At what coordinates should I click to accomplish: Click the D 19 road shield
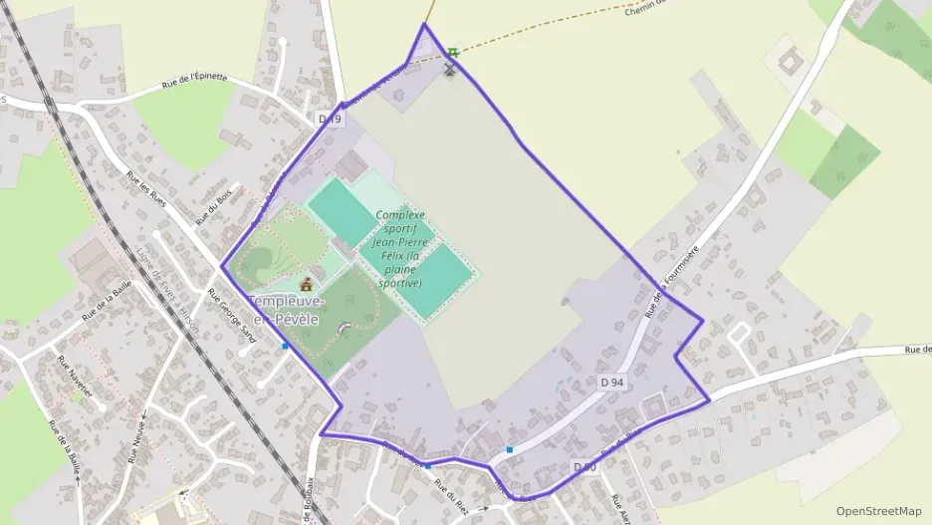tap(330, 119)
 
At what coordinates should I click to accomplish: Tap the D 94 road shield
tap(612, 382)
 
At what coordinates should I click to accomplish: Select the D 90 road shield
tap(584, 466)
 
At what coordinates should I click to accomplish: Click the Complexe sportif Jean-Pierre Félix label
tap(399, 248)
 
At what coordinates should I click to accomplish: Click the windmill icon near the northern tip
tap(449, 70)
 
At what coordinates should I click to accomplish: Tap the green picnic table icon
tap(454, 52)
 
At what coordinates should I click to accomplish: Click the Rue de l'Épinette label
tap(195, 82)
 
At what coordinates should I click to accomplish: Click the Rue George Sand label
tap(231, 316)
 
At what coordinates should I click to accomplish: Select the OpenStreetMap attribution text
tap(879, 511)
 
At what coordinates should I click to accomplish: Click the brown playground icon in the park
tap(306, 286)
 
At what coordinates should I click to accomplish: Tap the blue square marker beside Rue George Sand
tap(286, 347)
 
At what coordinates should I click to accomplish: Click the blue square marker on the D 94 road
tap(510, 450)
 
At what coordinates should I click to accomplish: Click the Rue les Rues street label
tap(145, 188)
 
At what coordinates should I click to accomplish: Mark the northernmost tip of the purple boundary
tap(424, 24)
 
